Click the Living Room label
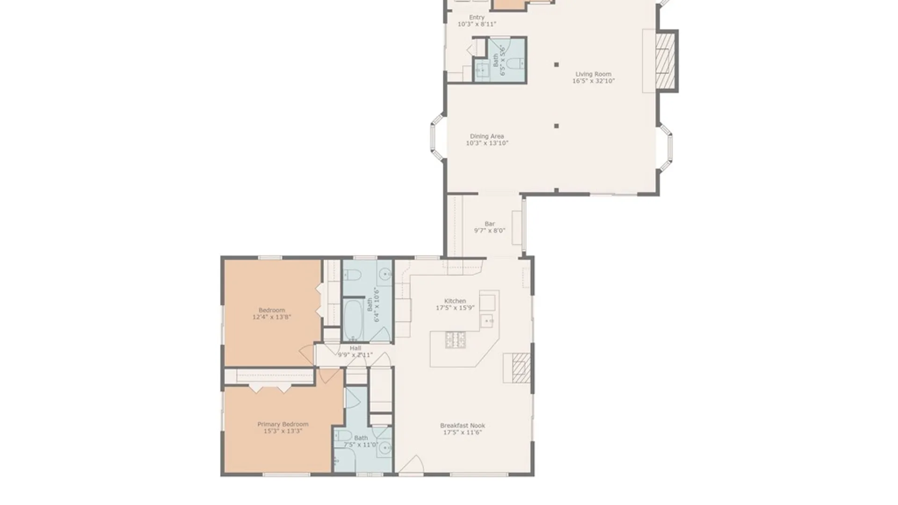pos(593,74)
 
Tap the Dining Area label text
pos(486,136)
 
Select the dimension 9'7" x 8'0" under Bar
pos(489,231)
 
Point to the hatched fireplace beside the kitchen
pos(521,368)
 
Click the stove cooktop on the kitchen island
pos(455,340)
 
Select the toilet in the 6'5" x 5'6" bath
pos(515,63)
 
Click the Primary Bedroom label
pos(282,424)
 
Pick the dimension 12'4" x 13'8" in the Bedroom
pos(271,317)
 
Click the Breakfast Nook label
pos(462,426)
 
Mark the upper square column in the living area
pos(556,65)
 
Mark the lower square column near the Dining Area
pos(556,126)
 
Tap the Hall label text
pos(355,348)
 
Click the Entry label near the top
pos(477,17)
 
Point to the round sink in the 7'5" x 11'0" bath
pos(385,447)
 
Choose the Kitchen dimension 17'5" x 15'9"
pos(455,308)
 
